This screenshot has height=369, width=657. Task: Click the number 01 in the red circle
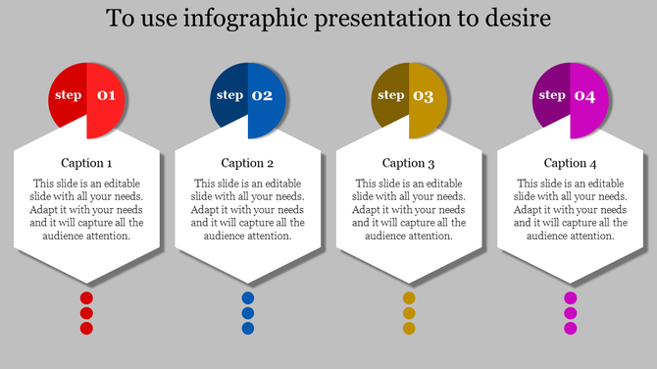click(106, 96)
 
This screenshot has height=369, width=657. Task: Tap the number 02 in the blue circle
click(262, 96)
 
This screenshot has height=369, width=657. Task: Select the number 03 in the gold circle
click(423, 96)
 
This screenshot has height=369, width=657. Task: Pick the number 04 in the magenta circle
click(584, 96)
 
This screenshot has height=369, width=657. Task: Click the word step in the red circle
click(69, 95)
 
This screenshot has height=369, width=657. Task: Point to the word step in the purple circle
click(552, 95)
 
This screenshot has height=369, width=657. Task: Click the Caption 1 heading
click(86, 163)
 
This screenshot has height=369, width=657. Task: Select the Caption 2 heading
click(247, 163)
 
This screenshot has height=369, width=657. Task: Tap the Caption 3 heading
click(409, 163)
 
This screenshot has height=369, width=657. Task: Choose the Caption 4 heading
click(570, 163)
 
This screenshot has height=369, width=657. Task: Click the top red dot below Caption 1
click(86, 298)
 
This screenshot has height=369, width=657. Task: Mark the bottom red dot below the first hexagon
click(86, 328)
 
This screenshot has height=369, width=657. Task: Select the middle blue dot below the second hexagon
click(248, 313)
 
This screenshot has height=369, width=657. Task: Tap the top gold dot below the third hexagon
click(409, 298)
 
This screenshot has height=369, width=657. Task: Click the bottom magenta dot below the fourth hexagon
click(570, 328)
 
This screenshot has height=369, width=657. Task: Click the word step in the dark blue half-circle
click(229, 95)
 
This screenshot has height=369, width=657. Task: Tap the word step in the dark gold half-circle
click(391, 95)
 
